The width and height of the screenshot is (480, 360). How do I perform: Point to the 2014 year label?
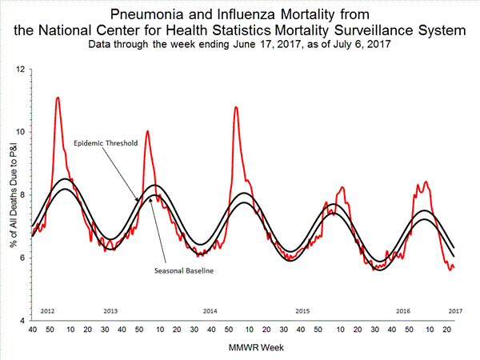pos(210,310)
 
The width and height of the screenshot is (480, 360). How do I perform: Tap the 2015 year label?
pos(302,310)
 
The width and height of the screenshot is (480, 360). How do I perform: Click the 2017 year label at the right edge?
pos(454,310)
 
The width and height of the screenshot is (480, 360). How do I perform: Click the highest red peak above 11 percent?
pos(58,98)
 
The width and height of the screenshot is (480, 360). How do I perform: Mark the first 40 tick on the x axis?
pos(32,330)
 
